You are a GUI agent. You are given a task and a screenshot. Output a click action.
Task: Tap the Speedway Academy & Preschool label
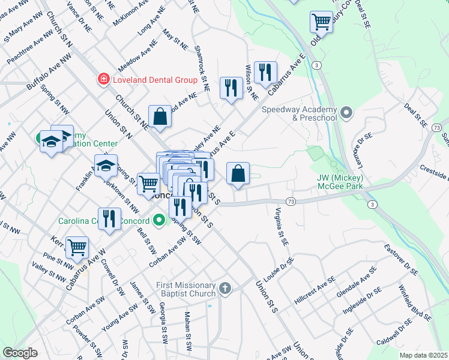pyautogui.click(x=300, y=113)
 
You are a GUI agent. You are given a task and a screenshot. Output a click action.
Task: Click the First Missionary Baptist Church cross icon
pyautogui.click(x=224, y=289)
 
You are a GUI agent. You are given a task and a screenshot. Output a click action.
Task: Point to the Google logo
pyautogui.click(x=20, y=353)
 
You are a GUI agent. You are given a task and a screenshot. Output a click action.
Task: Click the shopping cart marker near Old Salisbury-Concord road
pyautogui.click(x=322, y=22)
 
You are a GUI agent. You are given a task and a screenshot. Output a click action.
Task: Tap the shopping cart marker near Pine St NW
pyautogui.click(x=77, y=247)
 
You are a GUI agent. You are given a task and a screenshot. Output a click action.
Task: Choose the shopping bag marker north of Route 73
pyautogui.click(x=238, y=173)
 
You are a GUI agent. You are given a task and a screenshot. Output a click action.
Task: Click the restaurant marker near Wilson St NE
pyautogui.click(x=264, y=73)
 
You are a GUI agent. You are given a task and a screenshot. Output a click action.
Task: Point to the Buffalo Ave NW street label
pyautogui.click(x=48, y=70)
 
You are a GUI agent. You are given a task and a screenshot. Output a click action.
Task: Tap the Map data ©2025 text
pyautogui.click(x=424, y=355)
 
